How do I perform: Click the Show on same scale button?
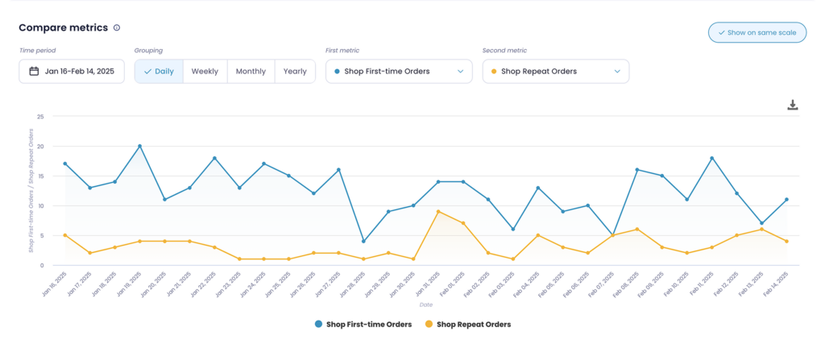pos(757,32)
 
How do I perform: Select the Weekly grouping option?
pos(205,71)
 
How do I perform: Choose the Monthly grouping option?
pos(251,71)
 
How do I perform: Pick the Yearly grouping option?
pos(295,71)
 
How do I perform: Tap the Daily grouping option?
pos(159,71)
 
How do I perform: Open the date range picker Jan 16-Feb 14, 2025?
pos(72,71)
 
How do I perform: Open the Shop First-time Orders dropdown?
pos(399,71)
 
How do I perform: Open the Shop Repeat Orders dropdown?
pos(555,71)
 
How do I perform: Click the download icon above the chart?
pos(792,106)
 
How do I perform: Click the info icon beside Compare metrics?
pos(117,28)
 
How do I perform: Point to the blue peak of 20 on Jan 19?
pos(139,146)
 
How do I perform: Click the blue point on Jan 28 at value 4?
pos(363,241)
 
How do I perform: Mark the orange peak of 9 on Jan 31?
pos(437,211)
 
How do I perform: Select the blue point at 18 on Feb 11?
pos(711,158)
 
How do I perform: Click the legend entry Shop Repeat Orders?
pos(467,324)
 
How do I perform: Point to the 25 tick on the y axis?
pos(39,116)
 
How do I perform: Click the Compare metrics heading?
pos(63,27)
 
